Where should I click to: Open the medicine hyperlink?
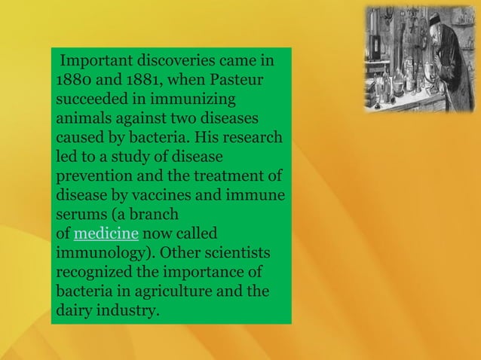(106, 234)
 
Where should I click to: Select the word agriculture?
(185, 291)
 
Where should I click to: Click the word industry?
(128, 311)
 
